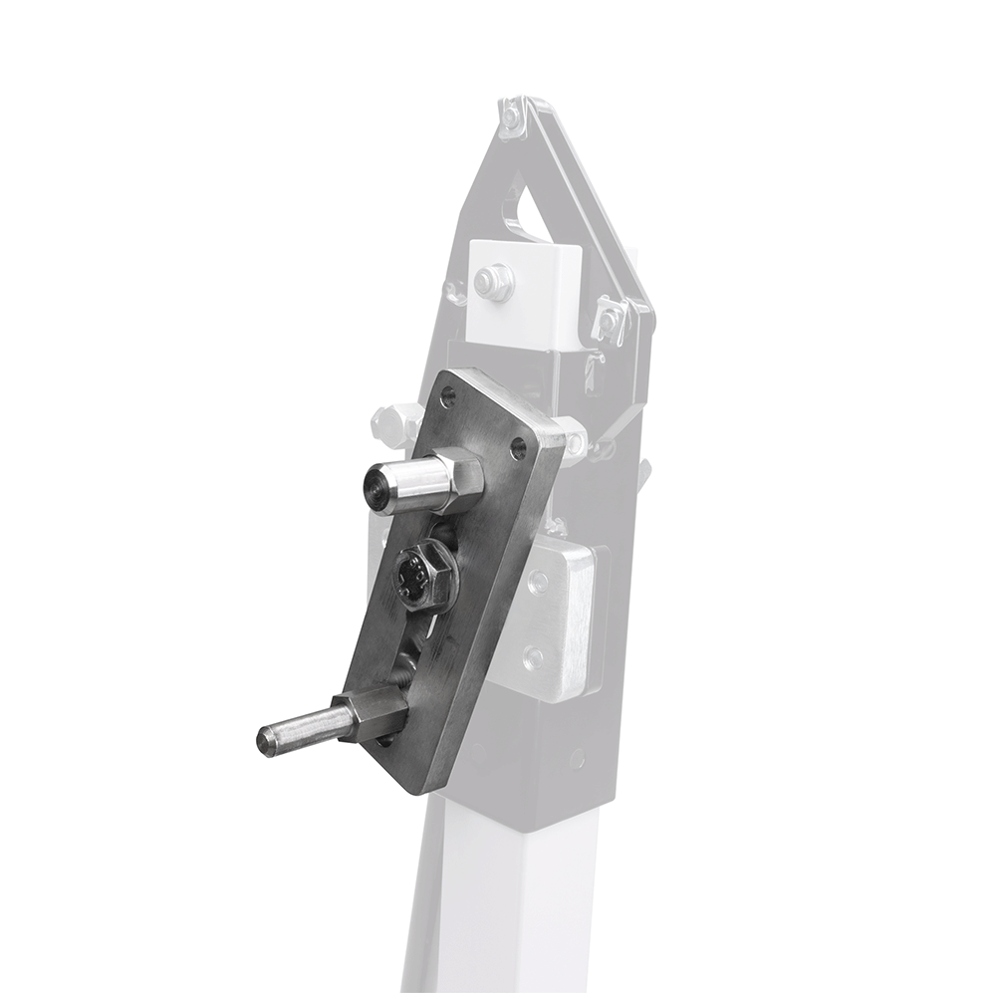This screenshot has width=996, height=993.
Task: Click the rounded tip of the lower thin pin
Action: (x=264, y=740)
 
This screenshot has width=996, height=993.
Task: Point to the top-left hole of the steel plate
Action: (x=445, y=397)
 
